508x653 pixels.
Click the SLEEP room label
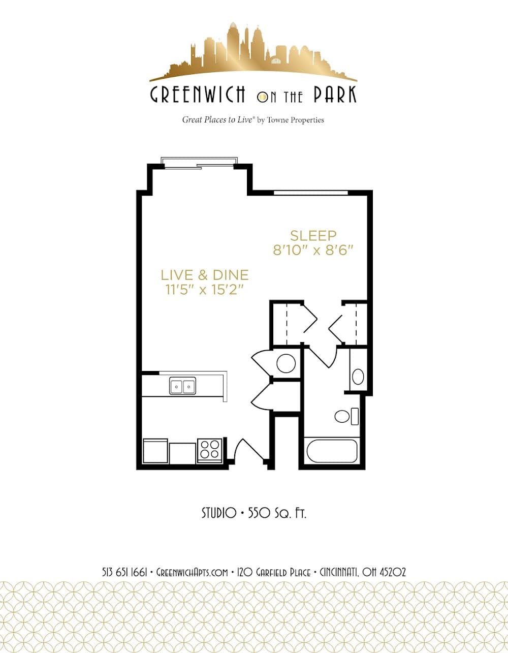point(313,236)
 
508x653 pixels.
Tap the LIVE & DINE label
point(205,275)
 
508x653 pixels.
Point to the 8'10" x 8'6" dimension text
point(313,250)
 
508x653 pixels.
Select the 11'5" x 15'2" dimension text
point(204,290)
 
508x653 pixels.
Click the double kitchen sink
point(183,386)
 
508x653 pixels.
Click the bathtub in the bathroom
point(332,451)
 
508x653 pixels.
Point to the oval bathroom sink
point(358,377)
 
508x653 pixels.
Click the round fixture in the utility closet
point(286,363)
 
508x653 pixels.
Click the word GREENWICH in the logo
point(198,95)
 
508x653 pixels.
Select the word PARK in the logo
point(335,94)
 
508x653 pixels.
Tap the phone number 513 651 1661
point(124,572)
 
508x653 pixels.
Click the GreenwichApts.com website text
point(192,572)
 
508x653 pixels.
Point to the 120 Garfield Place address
point(274,572)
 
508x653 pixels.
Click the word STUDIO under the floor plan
point(219,513)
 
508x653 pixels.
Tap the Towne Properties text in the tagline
point(296,120)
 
